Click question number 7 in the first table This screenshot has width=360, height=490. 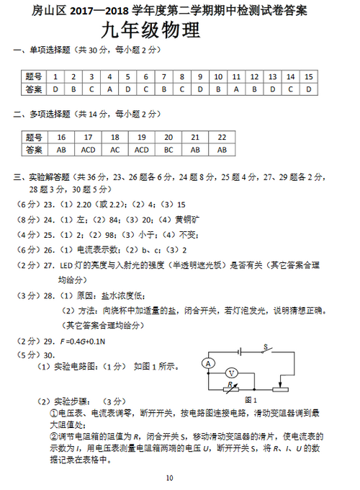(163, 76)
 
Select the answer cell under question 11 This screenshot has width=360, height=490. (235, 89)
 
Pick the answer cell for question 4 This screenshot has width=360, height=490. (109, 89)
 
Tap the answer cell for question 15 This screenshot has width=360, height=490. (308, 89)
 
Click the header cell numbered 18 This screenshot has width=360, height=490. (115, 137)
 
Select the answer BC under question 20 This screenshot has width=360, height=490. (168, 149)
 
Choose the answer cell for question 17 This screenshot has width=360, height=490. (89, 149)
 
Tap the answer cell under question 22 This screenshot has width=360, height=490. (222, 149)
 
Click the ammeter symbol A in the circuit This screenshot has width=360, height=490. (208, 364)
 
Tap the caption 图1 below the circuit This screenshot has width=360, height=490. (251, 399)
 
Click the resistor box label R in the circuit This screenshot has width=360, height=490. (230, 386)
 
